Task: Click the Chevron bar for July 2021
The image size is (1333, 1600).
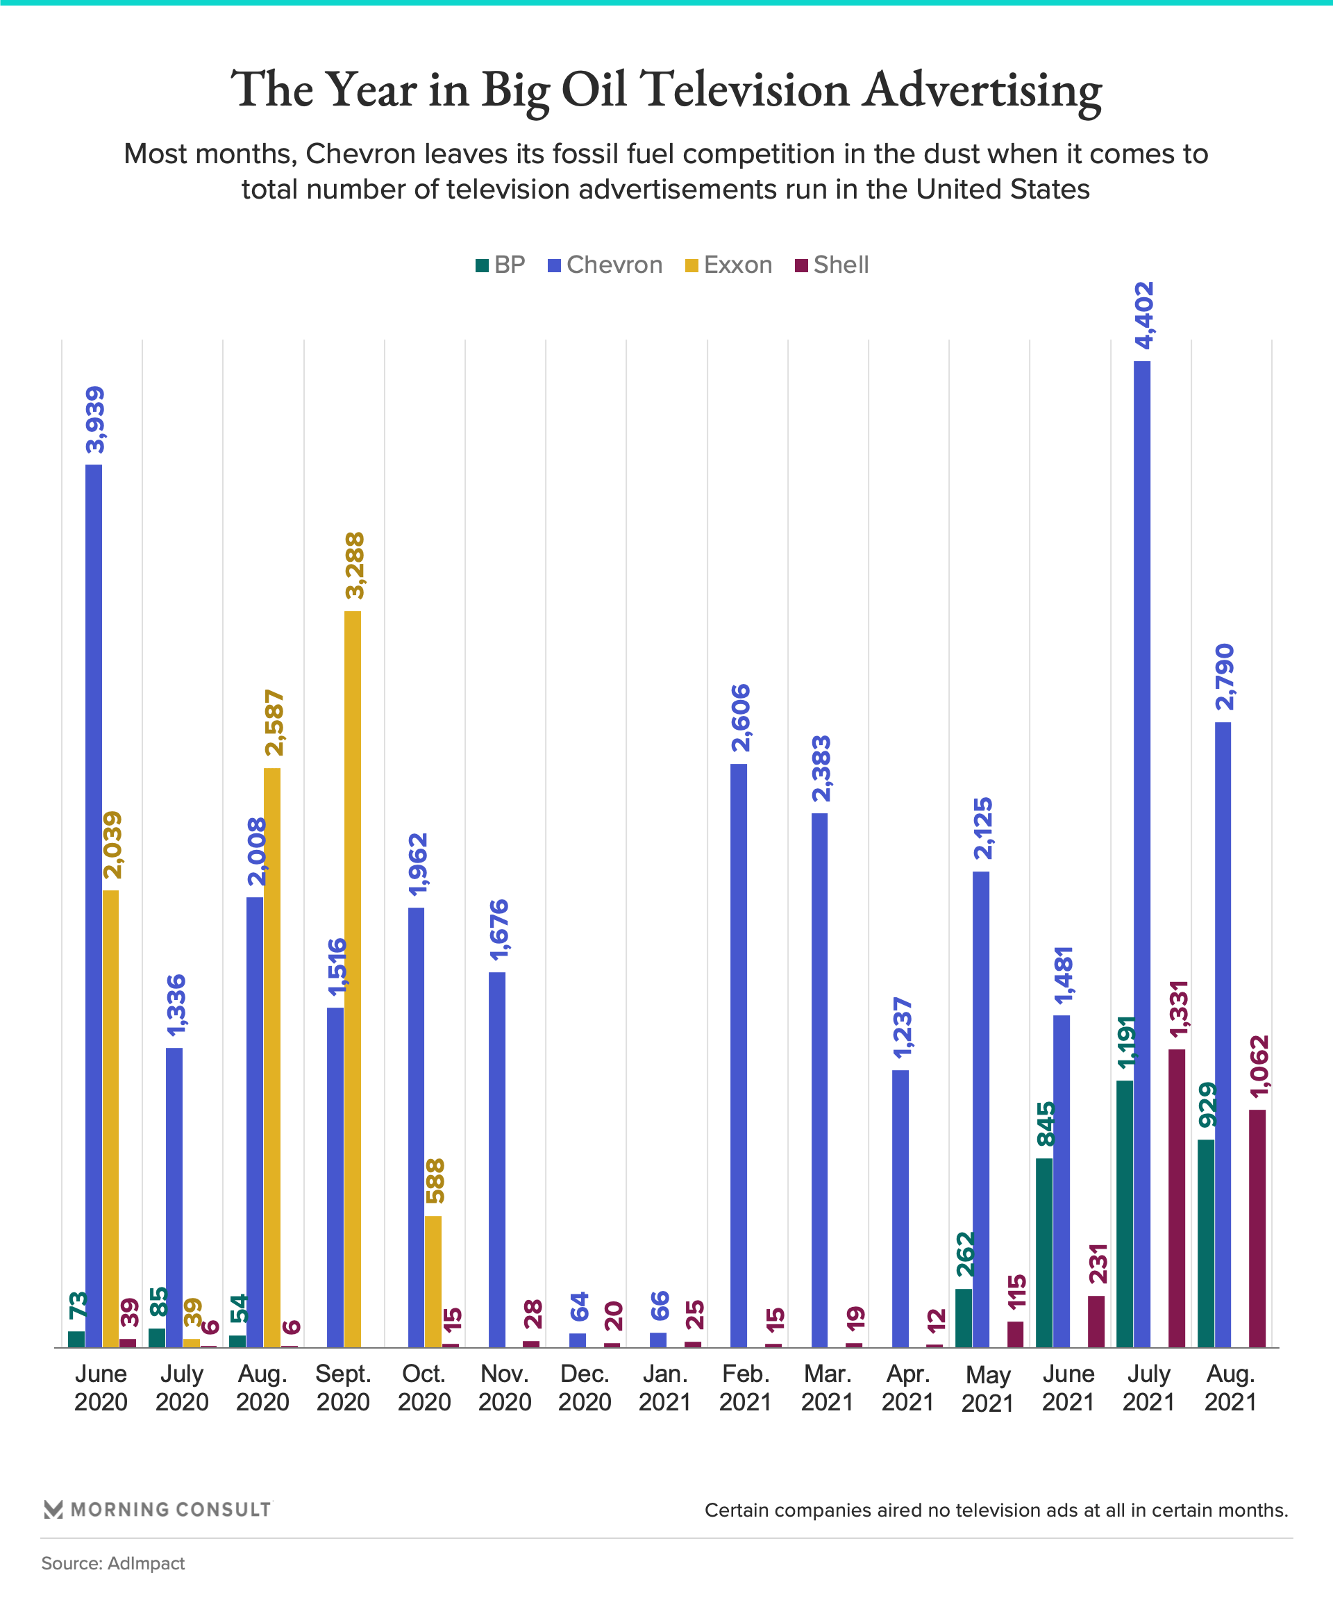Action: (x=1142, y=853)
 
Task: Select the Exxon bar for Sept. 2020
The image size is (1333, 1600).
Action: (x=353, y=978)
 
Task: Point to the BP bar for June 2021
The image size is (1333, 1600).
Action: (x=1043, y=1253)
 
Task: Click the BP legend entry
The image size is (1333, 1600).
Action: (x=500, y=265)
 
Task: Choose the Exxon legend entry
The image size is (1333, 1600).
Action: (x=728, y=265)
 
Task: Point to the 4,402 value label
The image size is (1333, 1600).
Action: (x=1144, y=315)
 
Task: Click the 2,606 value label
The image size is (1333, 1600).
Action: (x=740, y=719)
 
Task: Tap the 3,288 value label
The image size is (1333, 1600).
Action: (x=354, y=566)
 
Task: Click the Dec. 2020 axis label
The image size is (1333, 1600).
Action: (x=585, y=1388)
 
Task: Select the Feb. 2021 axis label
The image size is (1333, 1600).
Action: (x=746, y=1388)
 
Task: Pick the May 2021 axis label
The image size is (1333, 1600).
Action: (x=987, y=1389)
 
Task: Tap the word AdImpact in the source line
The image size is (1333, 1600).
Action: (x=146, y=1563)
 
